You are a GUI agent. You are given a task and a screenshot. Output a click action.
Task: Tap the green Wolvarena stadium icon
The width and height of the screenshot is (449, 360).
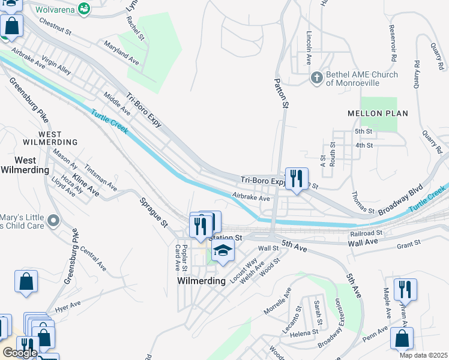coord(85,9)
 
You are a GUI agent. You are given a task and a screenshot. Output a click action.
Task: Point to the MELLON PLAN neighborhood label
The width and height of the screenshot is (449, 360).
coord(378,113)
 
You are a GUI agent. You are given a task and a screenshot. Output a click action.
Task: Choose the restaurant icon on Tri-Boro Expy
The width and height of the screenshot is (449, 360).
coord(297,178)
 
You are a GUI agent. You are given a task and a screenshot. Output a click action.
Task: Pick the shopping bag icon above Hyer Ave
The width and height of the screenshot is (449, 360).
coord(26,281)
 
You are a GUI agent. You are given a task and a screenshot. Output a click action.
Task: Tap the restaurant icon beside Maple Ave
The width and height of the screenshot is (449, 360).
coord(405,289)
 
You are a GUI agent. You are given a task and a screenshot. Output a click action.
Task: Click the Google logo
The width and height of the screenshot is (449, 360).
coord(20,353)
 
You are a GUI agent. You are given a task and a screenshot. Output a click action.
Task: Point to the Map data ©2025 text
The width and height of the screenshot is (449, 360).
coord(423,355)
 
